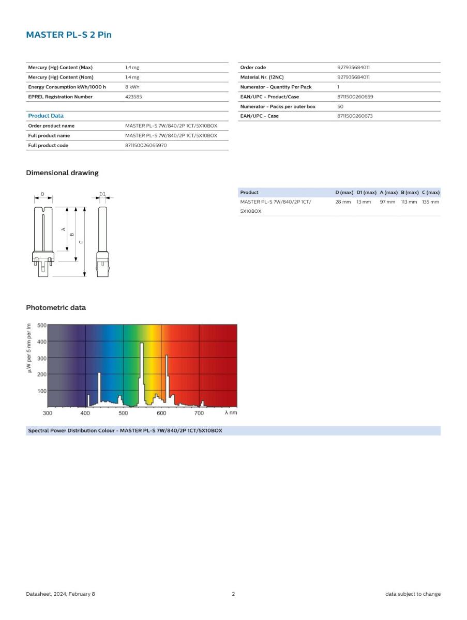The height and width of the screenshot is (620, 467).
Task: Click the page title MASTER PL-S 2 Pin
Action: coord(69,35)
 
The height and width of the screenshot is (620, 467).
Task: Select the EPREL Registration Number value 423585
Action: coord(133,97)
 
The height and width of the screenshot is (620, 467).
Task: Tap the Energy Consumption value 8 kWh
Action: coord(132,87)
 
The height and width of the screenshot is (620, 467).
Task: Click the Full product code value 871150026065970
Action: coord(146,145)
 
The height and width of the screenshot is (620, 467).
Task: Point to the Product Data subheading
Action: coord(46,116)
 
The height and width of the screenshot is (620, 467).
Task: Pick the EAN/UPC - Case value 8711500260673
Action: coord(355,116)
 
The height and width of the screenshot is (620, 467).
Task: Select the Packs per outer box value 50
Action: coord(340,106)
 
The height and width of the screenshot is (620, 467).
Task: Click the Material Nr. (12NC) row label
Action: coord(262,77)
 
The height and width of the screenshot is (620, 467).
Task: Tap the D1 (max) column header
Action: coord(366,192)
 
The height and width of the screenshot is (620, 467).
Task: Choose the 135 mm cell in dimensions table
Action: coord(430,202)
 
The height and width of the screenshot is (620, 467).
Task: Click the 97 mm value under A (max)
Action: coord(387,202)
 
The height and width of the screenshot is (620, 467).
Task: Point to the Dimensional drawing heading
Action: coord(62,173)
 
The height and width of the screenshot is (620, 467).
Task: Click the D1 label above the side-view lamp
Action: coord(102,194)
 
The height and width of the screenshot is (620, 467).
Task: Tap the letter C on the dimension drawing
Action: coord(81,242)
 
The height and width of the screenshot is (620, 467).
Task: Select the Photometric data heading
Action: coord(56,307)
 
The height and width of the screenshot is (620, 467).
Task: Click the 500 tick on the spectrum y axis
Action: coord(41,326)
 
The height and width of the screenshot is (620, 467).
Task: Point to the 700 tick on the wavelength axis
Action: coord(199,413)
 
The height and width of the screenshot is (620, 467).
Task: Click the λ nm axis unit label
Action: coord(231,413)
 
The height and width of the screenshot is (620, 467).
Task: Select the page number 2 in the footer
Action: coord(233,594)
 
